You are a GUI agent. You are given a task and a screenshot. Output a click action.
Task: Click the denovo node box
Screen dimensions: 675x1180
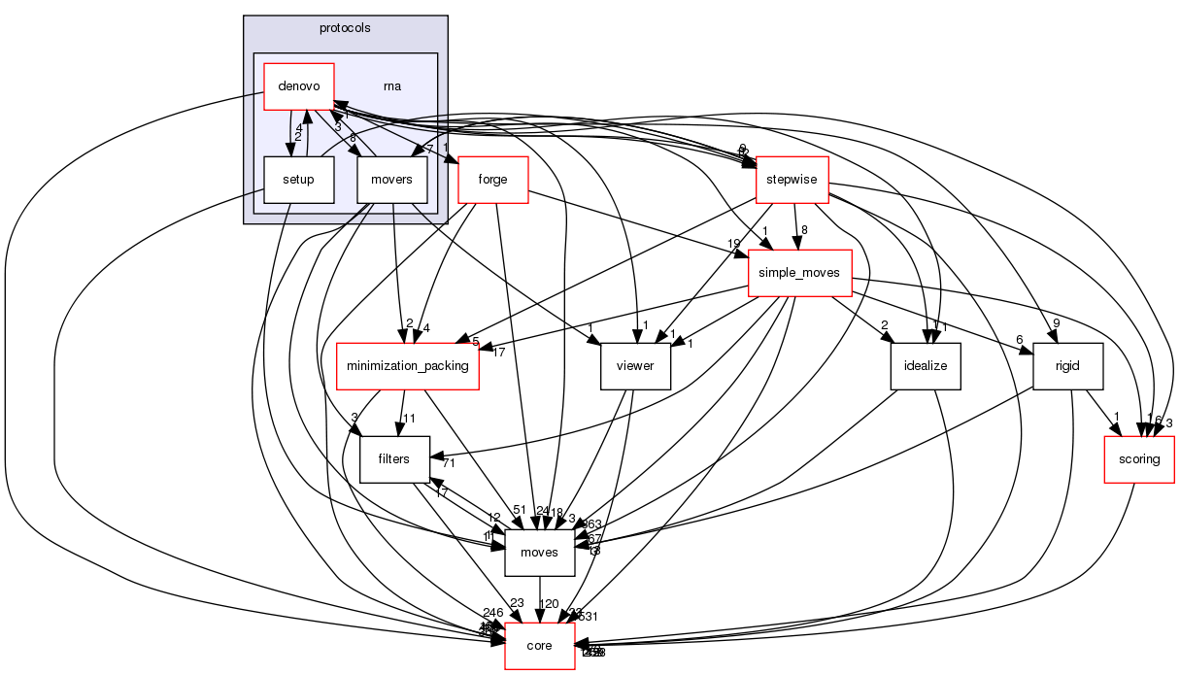point(299,87)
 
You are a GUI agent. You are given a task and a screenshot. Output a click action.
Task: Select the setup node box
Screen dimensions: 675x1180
point(299,179)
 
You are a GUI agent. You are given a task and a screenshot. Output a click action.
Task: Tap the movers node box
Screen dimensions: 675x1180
point(392,179)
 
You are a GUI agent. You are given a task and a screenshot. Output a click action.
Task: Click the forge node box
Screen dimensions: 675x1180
point(491,179)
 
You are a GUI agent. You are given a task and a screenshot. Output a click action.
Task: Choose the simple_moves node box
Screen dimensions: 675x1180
point(799,273)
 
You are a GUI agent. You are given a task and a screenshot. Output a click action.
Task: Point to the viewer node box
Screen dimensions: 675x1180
point(635,366)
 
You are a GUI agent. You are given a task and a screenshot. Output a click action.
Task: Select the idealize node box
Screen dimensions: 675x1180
point(926,366)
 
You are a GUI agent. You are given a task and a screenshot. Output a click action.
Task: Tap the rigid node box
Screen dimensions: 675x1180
point(1068,366)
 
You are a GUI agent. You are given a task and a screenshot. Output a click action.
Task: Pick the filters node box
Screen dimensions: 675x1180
point(395,458)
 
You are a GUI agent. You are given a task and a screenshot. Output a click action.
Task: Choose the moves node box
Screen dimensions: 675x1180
point(539,552)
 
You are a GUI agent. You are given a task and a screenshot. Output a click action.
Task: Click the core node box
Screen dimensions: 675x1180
point(539,646)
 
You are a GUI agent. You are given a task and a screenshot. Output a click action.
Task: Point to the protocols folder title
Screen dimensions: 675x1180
point(345,26)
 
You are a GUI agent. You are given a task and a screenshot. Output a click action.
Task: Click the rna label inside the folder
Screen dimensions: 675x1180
point(392,85)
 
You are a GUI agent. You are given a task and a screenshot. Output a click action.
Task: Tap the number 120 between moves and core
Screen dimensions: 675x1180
point(549,604)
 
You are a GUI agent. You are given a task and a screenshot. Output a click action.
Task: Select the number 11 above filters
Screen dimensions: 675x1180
point(409,420)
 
